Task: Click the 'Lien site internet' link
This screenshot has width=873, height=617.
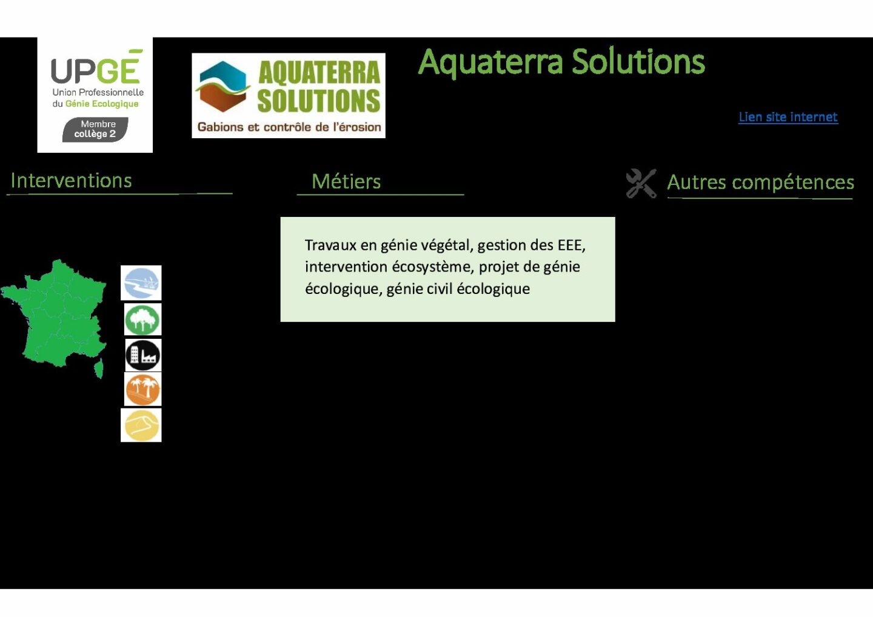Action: click(788, 117)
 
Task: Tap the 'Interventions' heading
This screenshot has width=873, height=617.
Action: click(72, 181)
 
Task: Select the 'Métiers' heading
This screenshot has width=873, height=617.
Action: click(346, 181)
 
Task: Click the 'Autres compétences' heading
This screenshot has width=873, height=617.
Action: click(760, 182)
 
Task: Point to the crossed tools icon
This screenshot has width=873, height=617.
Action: click(641, 183)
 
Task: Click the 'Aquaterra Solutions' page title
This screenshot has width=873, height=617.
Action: click(561, 62)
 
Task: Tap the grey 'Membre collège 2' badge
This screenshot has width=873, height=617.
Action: click(95, 129)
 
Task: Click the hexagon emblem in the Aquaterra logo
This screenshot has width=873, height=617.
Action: click(222, 86)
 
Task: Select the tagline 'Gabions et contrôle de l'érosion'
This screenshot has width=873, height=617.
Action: click(289, 127)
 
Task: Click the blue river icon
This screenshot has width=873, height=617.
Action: click(141, 283)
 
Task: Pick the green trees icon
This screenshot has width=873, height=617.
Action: click(142, 319)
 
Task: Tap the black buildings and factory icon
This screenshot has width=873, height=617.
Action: click(143, 355)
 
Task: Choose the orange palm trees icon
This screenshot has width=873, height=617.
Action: click(142, 390)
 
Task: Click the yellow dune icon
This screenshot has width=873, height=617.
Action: click(141, 425)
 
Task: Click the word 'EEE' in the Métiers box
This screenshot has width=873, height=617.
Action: click(571, 245)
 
